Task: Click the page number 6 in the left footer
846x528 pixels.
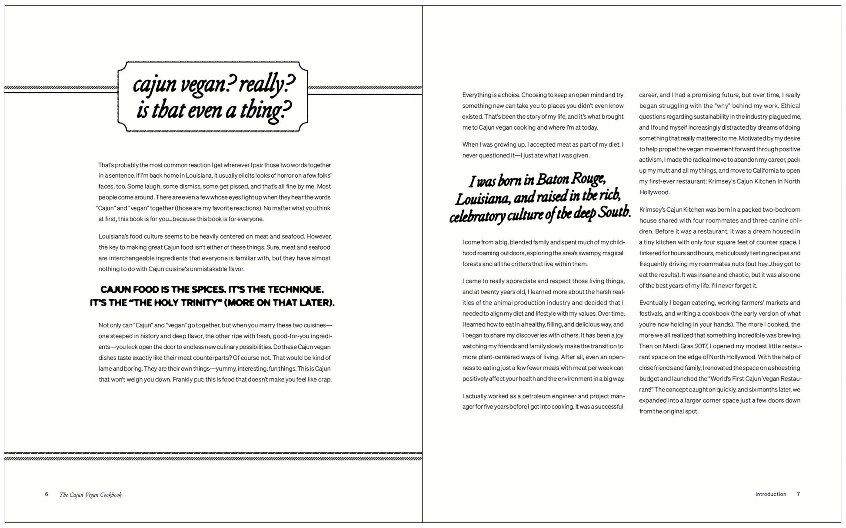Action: coord(47,495)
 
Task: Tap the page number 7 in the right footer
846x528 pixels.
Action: coord(798,494)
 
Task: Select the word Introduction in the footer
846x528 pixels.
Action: coord(770,494)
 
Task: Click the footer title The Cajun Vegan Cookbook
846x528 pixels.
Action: coord(90,495)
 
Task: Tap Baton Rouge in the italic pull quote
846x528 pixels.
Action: coord(570,179)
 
